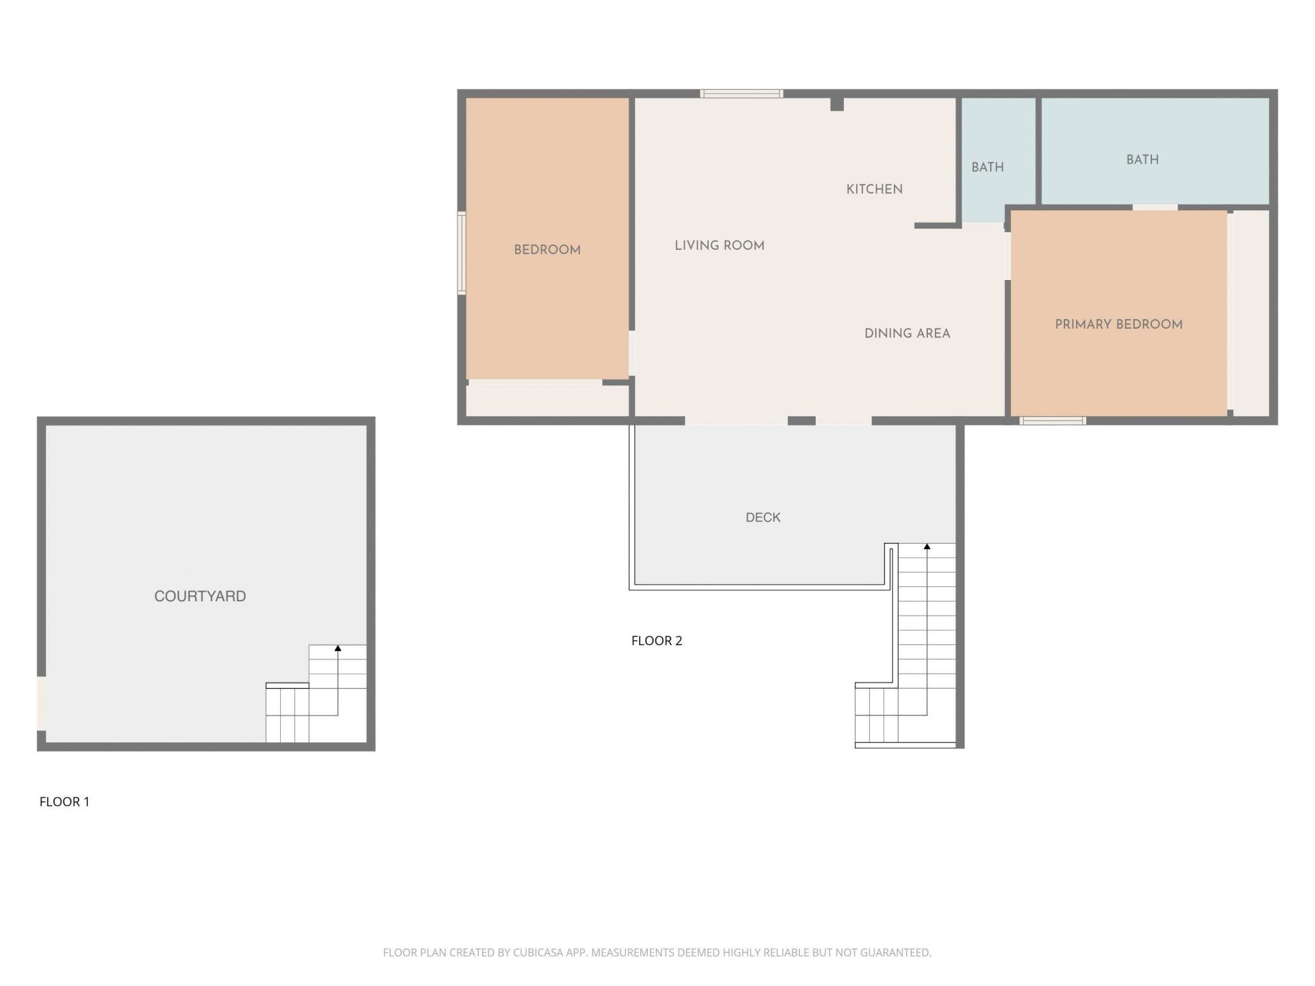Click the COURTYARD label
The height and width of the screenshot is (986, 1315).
pyautogui.click(x=200, y=596)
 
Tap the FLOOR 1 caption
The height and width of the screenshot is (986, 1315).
pyautogui.click(x=64, y=801)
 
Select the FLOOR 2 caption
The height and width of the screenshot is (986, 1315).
pyautogui.click(x=656, y=640)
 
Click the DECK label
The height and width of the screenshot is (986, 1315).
pyautogui.click(x=763, y=517)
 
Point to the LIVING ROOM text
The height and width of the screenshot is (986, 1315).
pyautogui.click(x=719, y=245)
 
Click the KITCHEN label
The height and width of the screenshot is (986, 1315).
pyautogui.click(x=874, y=189)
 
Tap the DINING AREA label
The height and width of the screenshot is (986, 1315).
pyautogui.click(x=907, y=333)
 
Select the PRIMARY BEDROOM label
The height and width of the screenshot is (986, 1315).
pyautogui.click(x=1118, y=325)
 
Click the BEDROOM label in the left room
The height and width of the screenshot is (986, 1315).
pyautogui.click(x=547, y=250)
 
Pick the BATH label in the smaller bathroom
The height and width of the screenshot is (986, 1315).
pyautogui.click(x=987, y=167)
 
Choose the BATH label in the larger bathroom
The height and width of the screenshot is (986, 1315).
pyautogui.click(x=1142, y=160)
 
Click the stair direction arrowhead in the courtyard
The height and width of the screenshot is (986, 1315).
pyautogui.click(x=338, y=648)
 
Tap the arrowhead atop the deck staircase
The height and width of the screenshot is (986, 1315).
pyautogui.click(x=927, y=546)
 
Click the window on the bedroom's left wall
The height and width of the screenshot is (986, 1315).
pyautogui.click(x=462, y=253)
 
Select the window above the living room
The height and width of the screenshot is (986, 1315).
pyautogui.click(x=741, y=94)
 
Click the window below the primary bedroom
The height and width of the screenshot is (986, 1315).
pyautogui.click(x=1053, y=420)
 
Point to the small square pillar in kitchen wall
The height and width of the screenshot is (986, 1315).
pyautogui.click(x=837, y=104)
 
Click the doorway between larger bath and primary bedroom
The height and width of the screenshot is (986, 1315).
pyautogui.click(x=1155, y=207)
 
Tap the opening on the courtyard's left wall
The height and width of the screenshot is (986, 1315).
pyautogui.click(x=41, y=703)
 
